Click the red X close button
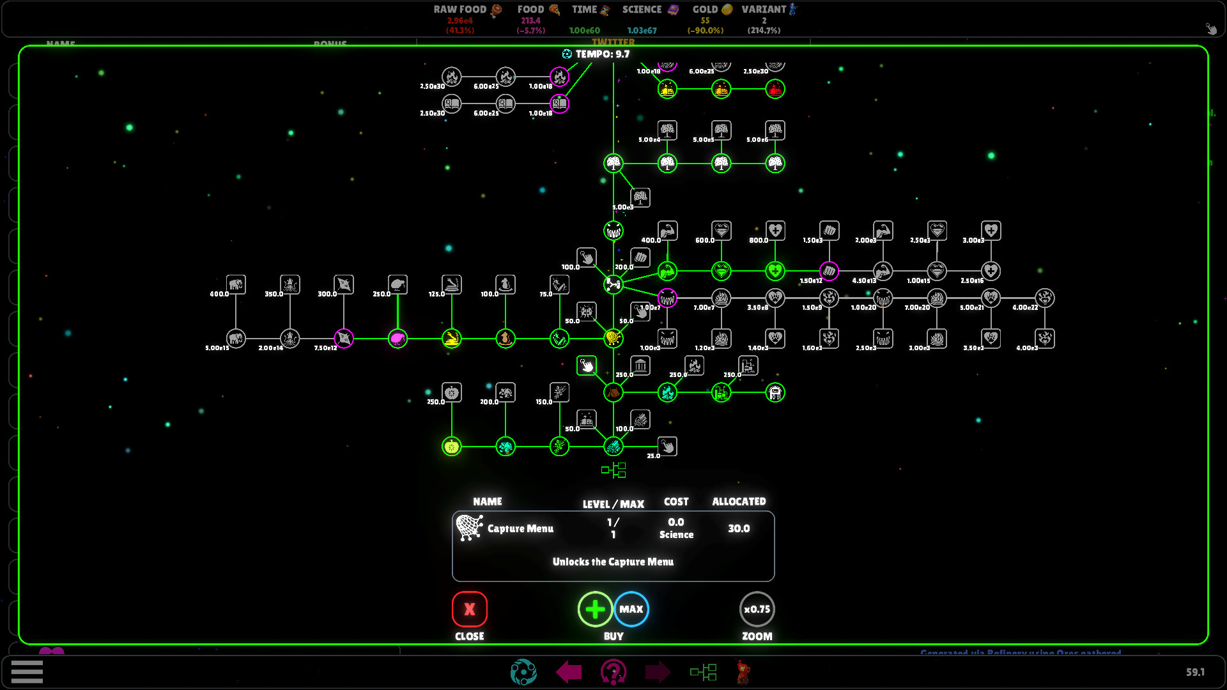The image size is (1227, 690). (x=469, y=609)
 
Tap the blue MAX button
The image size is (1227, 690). (x=631, y=609)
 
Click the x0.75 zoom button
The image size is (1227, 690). (x=757, y=609)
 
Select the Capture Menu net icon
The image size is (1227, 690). (x=470, y=528)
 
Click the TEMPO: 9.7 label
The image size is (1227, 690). (x=602, y=54)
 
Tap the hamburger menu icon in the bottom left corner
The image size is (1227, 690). (x=27, y=671)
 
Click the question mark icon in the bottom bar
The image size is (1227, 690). (x=613, y=671)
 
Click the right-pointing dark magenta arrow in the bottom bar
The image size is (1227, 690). (x=658, y=671)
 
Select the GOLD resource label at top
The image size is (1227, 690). (x=706, y=10)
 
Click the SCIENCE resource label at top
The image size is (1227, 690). (x=642, y=10)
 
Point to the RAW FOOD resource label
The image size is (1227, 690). (x=460, y=10)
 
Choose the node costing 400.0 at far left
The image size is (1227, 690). (x=236, y=284)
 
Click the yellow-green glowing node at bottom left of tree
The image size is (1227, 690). (x=451, y=446)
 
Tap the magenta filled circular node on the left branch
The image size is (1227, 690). (x=397, y=338)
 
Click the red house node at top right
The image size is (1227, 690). (x=775, y=89)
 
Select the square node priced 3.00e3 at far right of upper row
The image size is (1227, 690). (x=991, y=231)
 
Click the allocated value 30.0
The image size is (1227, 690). (x=738, y=528)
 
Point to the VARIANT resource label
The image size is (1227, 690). (x=764, y=10)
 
